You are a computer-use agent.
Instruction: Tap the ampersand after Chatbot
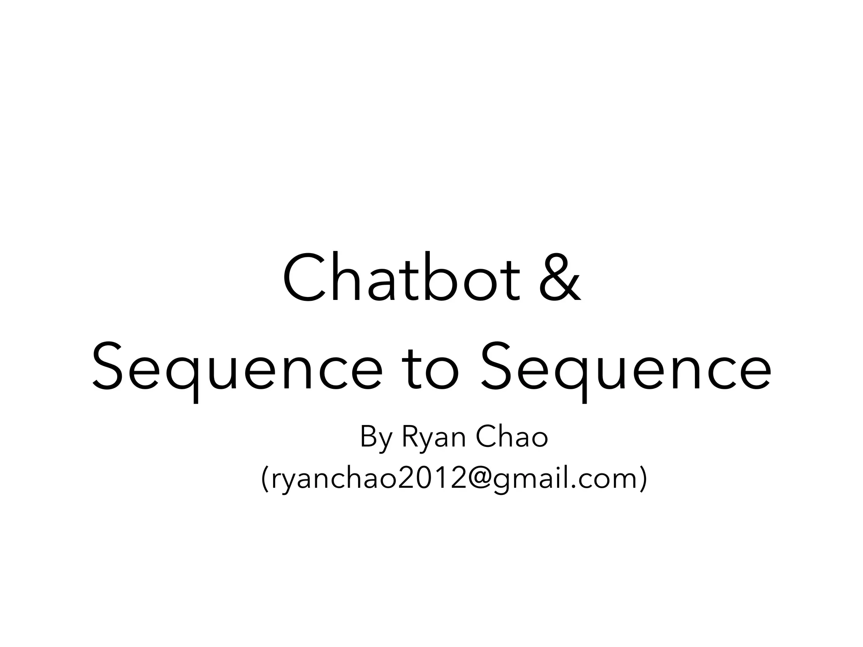[560, 278]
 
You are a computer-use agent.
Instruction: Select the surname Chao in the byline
[512, 437]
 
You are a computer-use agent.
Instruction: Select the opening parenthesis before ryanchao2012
[265, 479]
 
